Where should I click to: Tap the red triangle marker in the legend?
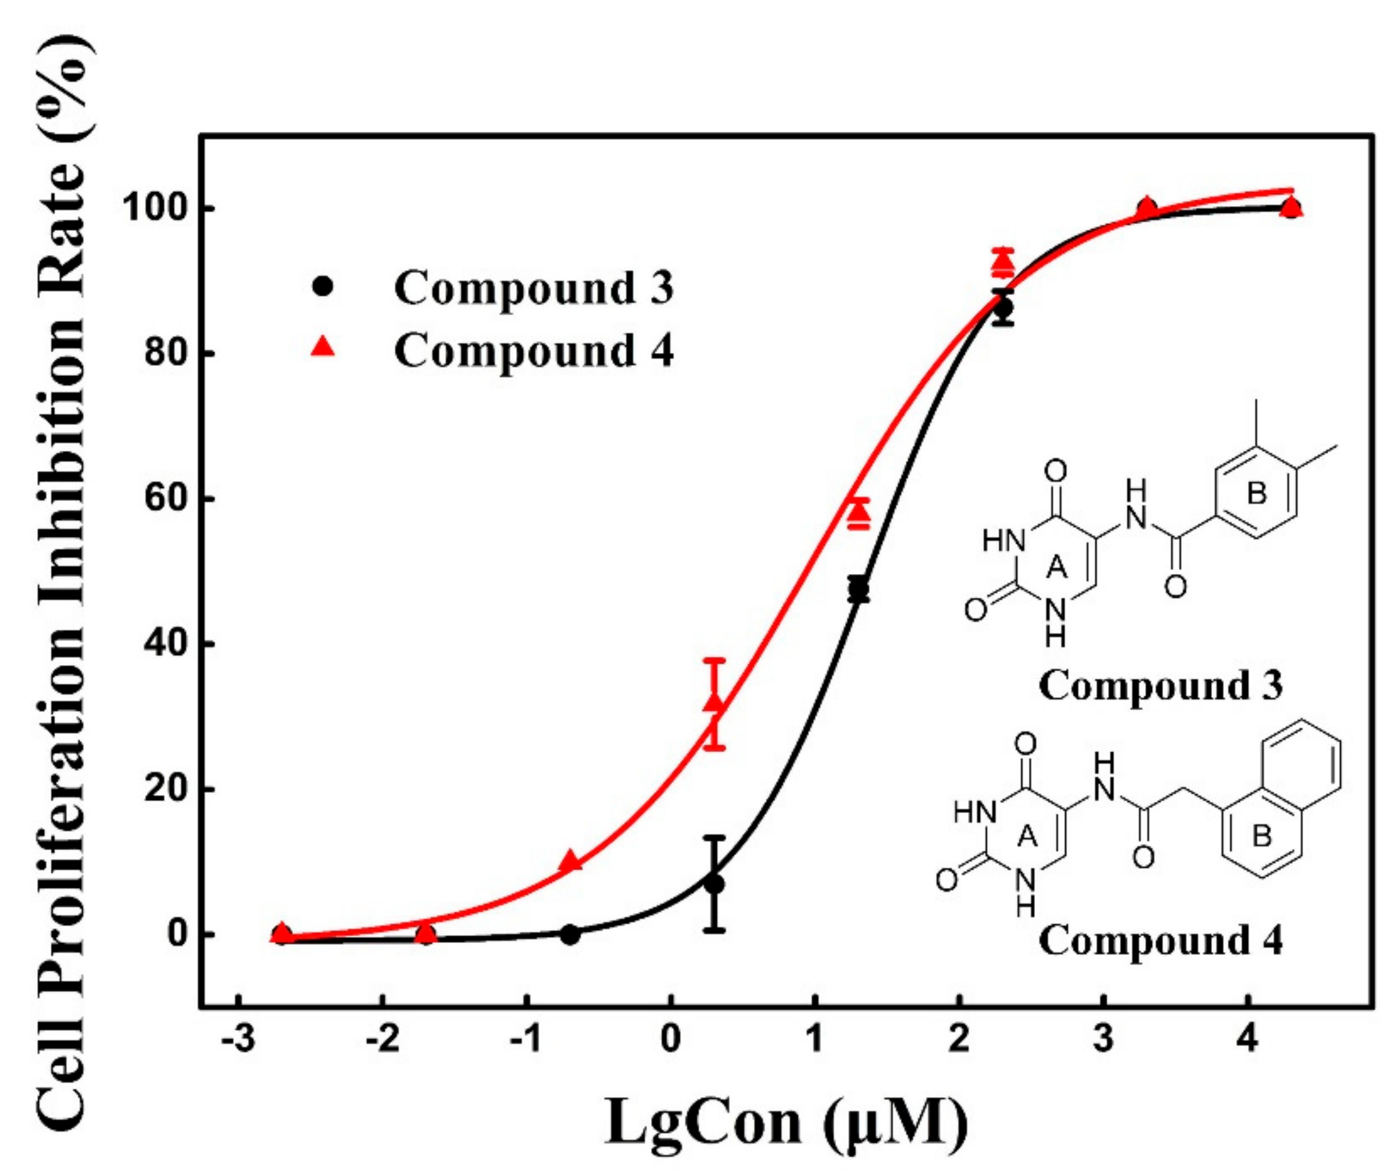323,347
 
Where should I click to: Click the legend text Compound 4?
533,350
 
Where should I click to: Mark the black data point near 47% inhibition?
859,589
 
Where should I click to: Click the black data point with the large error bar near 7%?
714,885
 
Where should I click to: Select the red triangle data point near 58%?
859,511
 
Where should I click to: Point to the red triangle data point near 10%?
570,861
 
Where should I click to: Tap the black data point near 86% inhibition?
1003,308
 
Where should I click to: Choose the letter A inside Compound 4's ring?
1028,835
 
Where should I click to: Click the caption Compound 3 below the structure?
1160,685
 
